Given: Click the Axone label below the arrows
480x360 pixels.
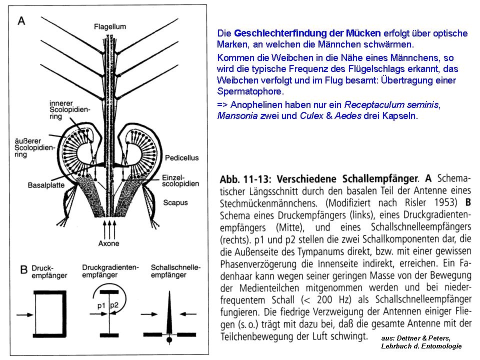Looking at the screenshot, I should click(109, 243).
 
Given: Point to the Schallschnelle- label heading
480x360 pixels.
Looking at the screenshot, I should click(175, 267).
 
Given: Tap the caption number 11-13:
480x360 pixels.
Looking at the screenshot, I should click(255, 179).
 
